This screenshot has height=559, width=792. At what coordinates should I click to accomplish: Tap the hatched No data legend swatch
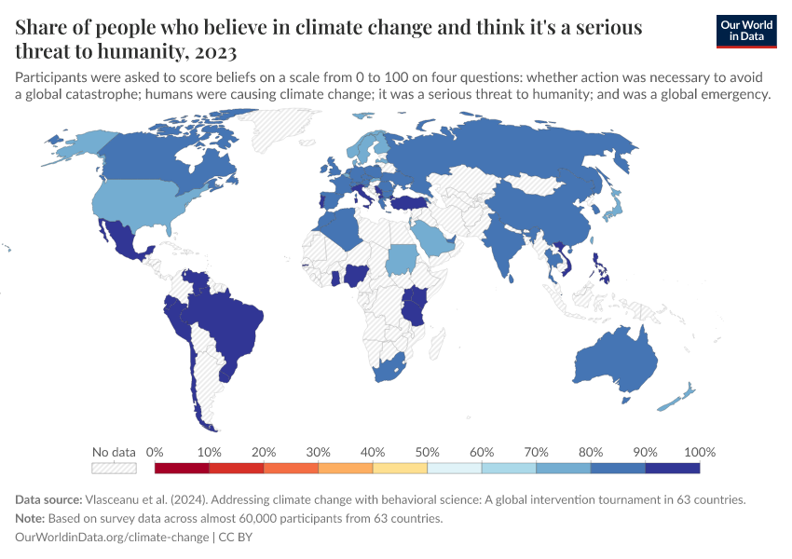[114, 468]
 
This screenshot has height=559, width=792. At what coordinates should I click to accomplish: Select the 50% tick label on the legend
[427, 452]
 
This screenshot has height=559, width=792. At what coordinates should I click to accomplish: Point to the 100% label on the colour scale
[699, 452]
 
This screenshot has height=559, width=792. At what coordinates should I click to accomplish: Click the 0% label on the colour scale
[155, 452]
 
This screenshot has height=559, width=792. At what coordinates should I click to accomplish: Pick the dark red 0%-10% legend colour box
[182, 468]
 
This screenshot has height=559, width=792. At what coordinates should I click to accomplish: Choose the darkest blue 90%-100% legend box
[672, 468]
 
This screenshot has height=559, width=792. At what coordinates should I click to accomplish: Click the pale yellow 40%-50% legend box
[400, 468]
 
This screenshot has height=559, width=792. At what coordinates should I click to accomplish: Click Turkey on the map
[409, 202]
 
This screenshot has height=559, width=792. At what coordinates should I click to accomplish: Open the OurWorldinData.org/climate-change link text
[113, 537]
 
